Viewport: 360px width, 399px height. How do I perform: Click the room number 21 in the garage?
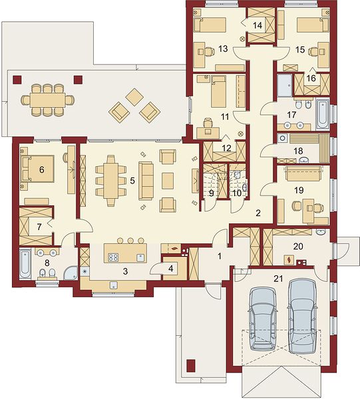click(278, 279)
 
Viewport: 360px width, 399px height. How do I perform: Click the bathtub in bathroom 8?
click(25, 264)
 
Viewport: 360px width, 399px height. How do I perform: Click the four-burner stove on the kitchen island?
click(113, 257)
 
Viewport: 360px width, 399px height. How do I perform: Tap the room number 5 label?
click(132, 181)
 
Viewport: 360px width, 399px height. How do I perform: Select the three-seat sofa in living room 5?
click(146, 181)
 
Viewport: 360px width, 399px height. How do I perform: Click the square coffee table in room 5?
click(168, 181)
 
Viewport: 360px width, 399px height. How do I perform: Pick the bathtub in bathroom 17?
click(323, 114)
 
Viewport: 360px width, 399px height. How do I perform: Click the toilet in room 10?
click(237, 175)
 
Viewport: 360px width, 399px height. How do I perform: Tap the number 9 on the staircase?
click(212, 193)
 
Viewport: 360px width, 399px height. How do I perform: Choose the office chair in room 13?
click(209, 52)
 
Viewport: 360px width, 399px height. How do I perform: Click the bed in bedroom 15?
click(313, 25)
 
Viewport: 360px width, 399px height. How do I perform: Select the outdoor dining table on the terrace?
click(47, 100)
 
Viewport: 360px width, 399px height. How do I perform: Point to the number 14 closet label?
click(258, 25)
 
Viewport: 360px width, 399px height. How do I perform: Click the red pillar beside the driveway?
click(191, 366)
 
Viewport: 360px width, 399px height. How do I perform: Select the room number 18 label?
click(298, 151)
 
